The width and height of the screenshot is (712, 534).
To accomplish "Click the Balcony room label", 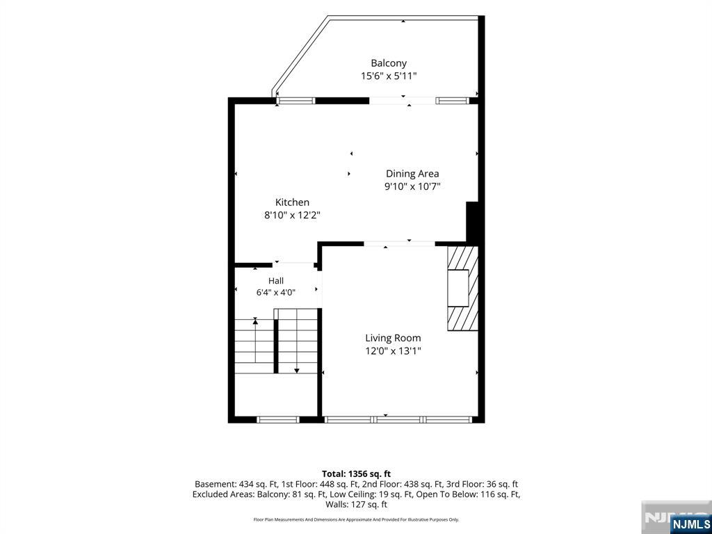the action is tap(389, 63).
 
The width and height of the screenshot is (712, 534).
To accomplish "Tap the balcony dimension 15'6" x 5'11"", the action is tap(389, 76).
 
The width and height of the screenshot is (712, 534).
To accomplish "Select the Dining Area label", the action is tap(412, 173).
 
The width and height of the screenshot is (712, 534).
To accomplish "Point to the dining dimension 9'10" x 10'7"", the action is tap(412, 186).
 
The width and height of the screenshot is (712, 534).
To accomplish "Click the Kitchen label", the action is tap(293, 202).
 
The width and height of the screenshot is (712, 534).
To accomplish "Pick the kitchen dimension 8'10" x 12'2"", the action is tap(293, 216).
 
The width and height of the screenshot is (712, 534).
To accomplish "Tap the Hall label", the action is tap(275, 281).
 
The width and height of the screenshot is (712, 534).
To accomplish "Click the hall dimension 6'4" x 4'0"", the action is tap(275, 293).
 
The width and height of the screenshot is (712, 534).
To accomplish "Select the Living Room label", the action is tap(393, 338).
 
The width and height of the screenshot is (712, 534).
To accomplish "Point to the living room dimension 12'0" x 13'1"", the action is tap(393, 350).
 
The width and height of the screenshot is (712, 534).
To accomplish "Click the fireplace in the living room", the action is tap(462, 289).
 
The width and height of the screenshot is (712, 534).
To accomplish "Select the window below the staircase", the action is tap(277, 419).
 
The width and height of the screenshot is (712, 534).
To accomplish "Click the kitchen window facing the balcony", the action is tap(296, 101).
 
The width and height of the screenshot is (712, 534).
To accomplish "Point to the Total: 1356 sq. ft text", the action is tap(356, 474).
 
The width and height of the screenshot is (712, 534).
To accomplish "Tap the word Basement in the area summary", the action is tap(212, 485).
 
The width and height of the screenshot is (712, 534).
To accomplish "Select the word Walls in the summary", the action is tap(336, 505).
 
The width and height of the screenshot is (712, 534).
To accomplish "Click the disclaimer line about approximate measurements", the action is tap(356, 519).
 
